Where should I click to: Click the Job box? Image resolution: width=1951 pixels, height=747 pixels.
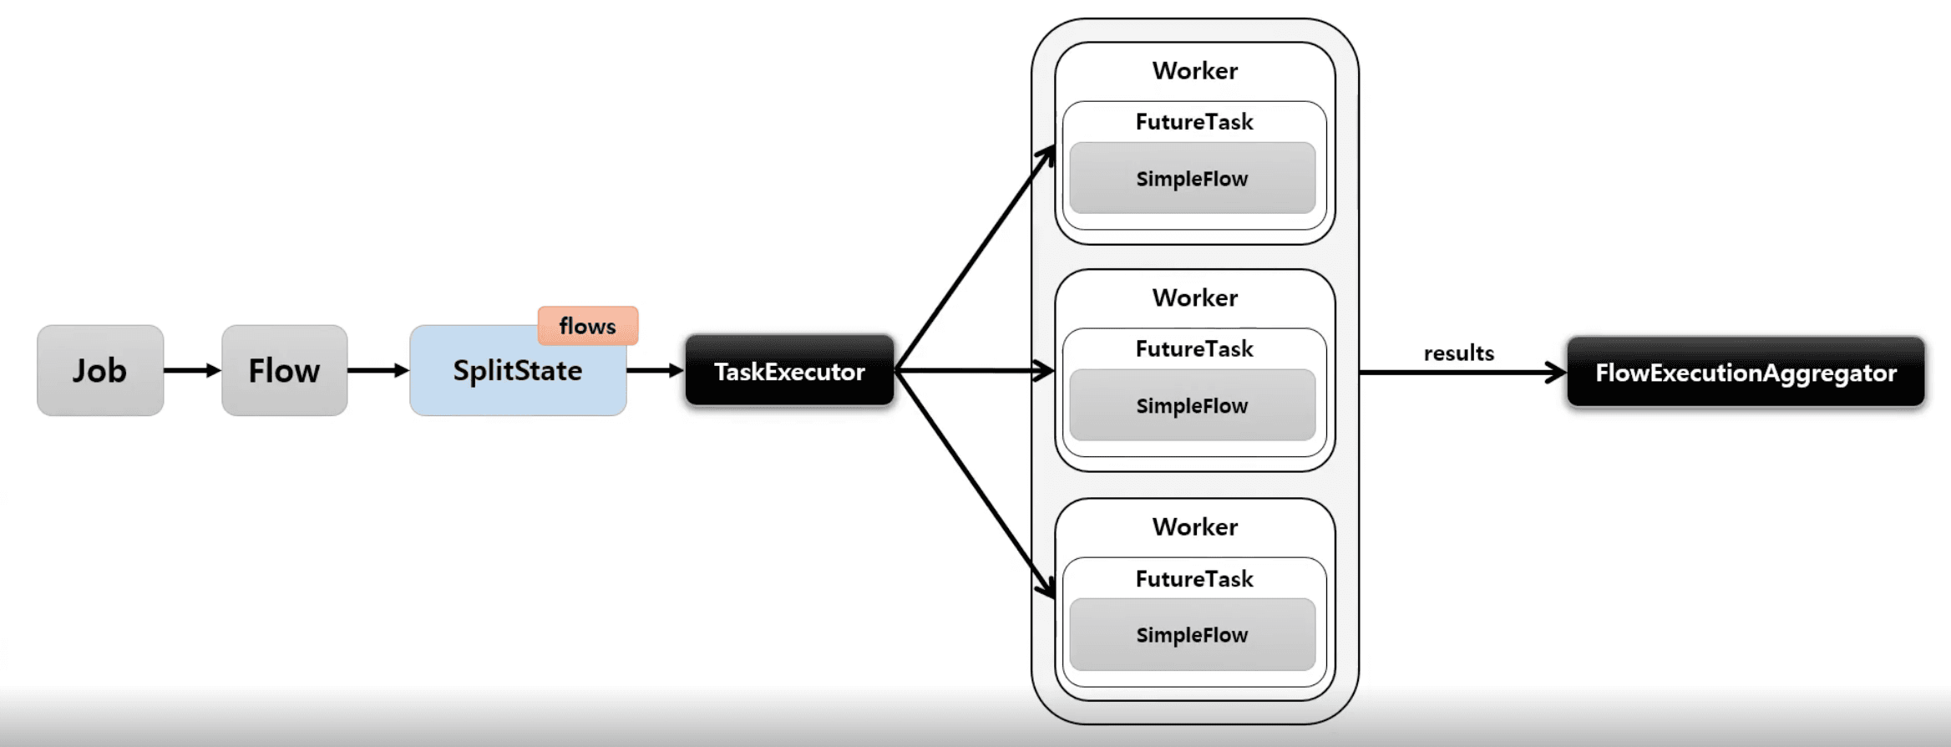pyautogui.click(x=100, y=370)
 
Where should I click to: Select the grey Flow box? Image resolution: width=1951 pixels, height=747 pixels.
pyautogui.click(x=284, y=370)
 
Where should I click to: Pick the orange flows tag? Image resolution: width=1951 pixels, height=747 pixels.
pyautogui.click(x=588, y=326)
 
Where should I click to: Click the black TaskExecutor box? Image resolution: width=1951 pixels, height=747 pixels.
pyautogui.click(x=789, y=371)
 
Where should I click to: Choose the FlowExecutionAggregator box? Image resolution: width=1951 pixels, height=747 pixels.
pyautogui.click(x=1746, y=373)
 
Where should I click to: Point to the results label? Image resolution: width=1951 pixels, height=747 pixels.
pyautogui.click(x=1458, y=353)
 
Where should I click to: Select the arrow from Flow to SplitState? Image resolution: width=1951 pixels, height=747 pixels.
pyautogui.click(x=378, y=370)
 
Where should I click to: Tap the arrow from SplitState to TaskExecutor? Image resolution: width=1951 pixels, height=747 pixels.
pyautogui.click(x=655, y=370)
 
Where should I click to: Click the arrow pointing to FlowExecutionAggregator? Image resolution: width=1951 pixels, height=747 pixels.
pyautogui.click(x=1462, y=373)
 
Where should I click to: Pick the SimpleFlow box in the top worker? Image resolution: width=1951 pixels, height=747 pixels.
pyautogui.click(x=1192, y=178)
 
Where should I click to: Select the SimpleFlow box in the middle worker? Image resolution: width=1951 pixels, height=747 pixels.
pyautogui.click(x=1192, y=405)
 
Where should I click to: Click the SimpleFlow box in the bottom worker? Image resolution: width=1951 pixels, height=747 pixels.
pyautogui.click(x=1192, y=634)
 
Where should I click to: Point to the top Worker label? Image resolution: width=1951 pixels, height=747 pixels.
pyautogui.click(x=1194, y=71)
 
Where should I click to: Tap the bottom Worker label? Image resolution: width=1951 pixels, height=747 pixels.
pyautogui.click(x=1194, y=526)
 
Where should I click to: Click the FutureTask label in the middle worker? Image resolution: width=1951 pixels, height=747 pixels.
pyautogui.click(x=1194, y=348)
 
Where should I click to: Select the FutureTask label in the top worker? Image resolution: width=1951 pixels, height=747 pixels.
pyautogui.click(x=1194, y=122)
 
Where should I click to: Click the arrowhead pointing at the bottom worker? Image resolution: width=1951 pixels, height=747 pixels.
pyautogui.click(x=1046, y=588)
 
